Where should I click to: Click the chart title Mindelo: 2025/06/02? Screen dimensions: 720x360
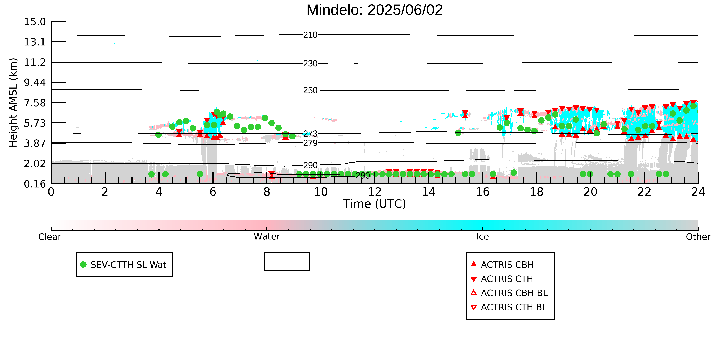(x=375, y=10)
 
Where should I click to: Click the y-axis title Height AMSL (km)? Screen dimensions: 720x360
(x=13, y=103)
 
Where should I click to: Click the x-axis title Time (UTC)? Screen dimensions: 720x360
(x=375, y=204)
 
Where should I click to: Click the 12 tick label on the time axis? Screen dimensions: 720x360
(x=375, y=192)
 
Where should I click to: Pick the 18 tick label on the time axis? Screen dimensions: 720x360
(x=536, y=192)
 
